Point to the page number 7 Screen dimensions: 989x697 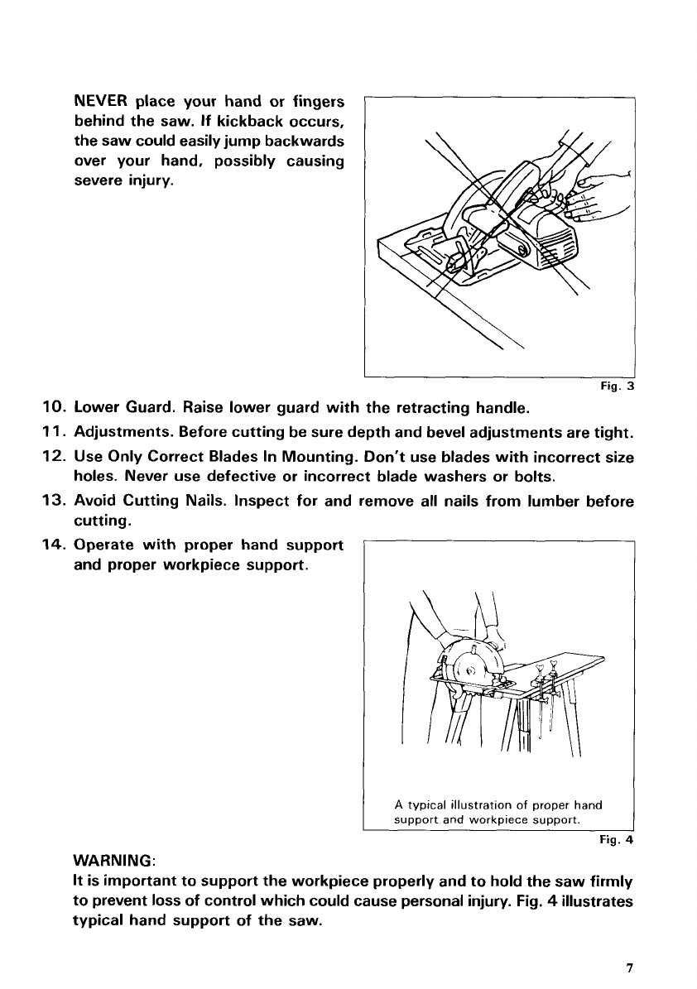pos(630,967)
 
